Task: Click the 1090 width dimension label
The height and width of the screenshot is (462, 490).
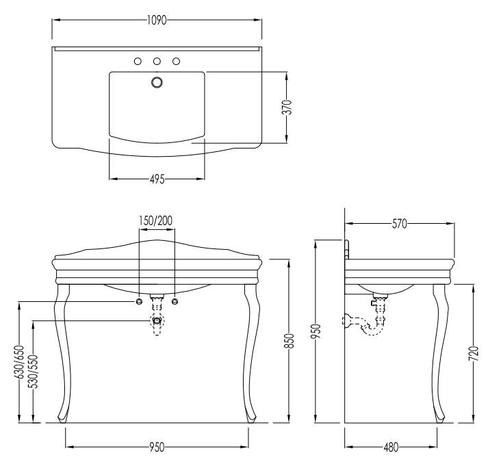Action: pos(157,21)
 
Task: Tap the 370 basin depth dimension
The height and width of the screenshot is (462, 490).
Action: pos(287,107)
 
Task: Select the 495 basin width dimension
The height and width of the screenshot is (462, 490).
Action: pos(157,179)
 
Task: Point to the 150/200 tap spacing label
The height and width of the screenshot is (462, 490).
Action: pos(155,220)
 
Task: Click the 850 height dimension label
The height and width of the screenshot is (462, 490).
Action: pos(289,341)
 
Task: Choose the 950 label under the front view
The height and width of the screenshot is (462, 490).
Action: pos(157,447)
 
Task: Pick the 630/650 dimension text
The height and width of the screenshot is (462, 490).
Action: pos(18,361)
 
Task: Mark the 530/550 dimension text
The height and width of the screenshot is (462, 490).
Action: pos(33,372)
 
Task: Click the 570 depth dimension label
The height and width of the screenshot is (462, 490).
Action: pos(400,224)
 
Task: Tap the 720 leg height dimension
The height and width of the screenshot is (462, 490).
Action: pos(474,353)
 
